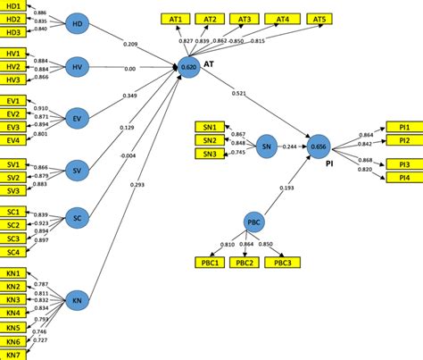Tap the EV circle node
78,117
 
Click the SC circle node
78,218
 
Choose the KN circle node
78,301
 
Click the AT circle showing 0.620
189,66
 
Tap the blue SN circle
265,145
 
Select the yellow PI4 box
403,177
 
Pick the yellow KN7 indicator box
14,354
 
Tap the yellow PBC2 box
245,262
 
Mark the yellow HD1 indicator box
14,5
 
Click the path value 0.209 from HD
129,44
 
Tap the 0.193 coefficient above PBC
287,188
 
